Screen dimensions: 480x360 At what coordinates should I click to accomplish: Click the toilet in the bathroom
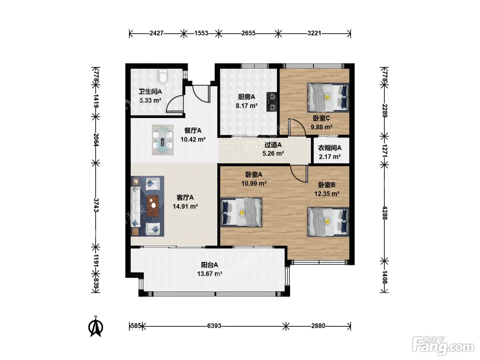pyautogui.click(x=163, y=76)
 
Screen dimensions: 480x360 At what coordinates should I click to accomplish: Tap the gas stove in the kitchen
pyautogui.click(x=272, y=102)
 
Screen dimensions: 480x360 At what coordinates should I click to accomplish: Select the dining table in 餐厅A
pyautogui.click(x=163, y=140)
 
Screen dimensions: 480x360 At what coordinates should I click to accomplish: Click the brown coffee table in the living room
pyautogui.click(x=153, y=206)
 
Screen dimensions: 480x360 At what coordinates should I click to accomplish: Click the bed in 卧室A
pyautogui.click(x=241, y=212)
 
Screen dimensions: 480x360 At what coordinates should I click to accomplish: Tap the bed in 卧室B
pyautogui.click(x=328, y=222)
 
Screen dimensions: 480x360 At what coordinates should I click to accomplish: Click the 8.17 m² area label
pyautogui.click(x=247, y=106)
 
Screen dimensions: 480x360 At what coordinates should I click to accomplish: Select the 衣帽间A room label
pyautogui.click(x=329, y=148)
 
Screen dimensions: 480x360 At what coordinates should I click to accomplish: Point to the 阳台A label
pyautogui.click(x=209, y=265)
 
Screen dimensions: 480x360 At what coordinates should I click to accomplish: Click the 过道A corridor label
pyautogui.click(x=273, y=145)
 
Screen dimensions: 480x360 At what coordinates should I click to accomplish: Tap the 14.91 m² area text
pyautogui.click(x=185, y=206)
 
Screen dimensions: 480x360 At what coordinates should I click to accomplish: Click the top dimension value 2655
pyautogui.click(x=249, y=33)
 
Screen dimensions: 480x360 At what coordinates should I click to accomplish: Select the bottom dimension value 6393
pyautogui.click(x=214, y=326)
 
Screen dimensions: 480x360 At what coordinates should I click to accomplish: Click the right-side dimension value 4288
pyautogui.click(x=385, y=213)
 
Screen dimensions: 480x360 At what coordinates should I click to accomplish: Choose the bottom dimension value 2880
pyautogui.click(x=318, y=326)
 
